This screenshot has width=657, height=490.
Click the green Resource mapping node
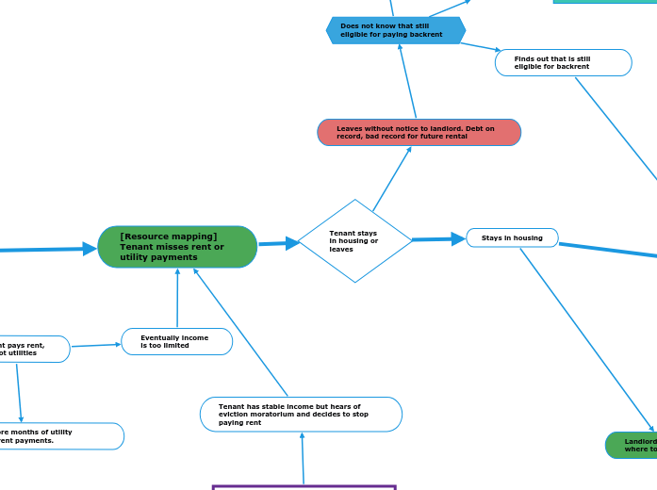[x=177, y=247]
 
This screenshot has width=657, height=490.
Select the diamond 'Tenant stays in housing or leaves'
[x=354, y=241]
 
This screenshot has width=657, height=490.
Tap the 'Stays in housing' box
[x=512, y=237]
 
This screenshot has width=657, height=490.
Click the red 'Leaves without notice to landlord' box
[x=419, y=132]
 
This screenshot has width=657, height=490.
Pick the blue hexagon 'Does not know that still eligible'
[x=396, y=30]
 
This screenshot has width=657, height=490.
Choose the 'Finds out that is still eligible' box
[x=563, y=62]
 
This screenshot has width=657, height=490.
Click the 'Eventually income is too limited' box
[x=176, y=341]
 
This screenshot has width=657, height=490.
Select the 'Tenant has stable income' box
[x=301, y=414]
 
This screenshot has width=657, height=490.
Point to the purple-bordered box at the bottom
[x=304, y=487]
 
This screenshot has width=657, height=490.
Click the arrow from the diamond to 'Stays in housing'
[x=439, y=239]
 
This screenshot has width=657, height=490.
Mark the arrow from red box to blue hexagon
[x=407, y=81]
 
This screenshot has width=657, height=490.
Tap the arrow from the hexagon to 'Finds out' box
[x=480, y=46]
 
